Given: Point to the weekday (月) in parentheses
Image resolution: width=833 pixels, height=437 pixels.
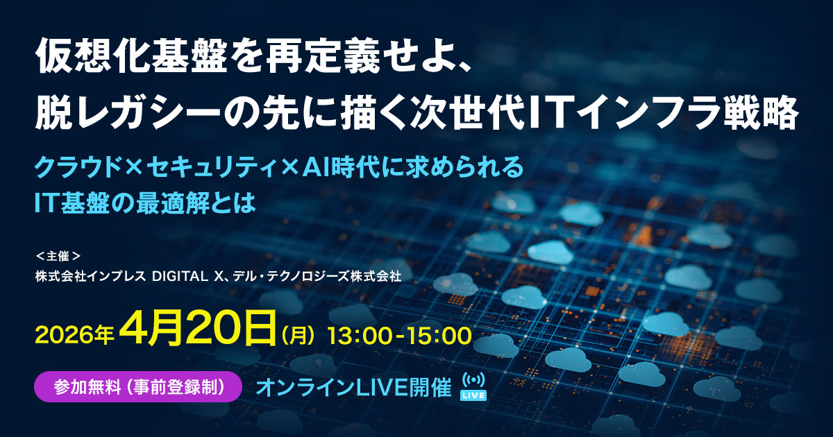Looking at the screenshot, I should (x=300, y=336).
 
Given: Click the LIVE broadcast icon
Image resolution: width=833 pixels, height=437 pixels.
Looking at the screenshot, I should (x=474, y=386).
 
